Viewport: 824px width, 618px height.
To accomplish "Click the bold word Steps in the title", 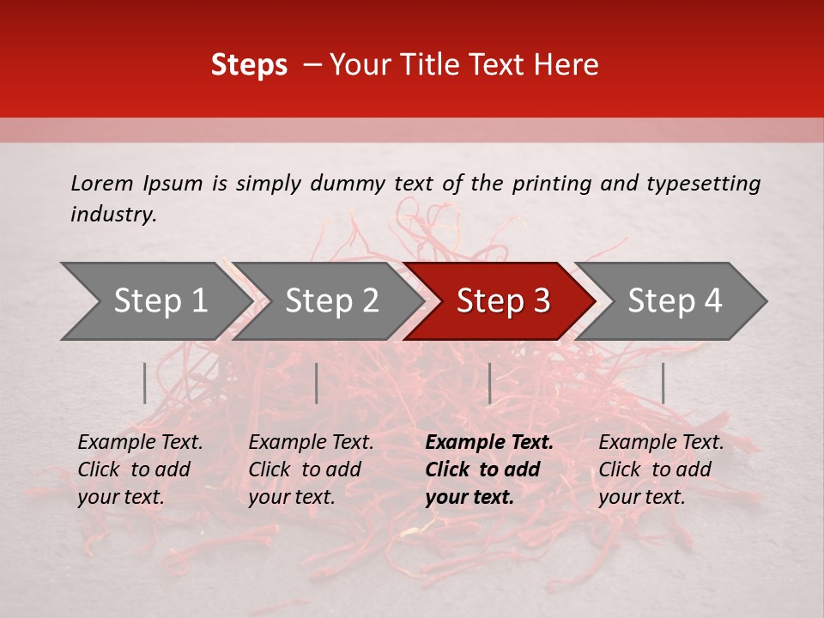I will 249,65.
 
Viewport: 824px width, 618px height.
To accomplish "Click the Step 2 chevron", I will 331,301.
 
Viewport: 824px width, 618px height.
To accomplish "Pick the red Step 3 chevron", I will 503,301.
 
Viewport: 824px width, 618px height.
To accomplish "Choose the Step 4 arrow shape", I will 675,301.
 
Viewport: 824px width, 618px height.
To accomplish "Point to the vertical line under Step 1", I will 145,383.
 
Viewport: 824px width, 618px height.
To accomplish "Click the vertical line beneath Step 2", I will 317,383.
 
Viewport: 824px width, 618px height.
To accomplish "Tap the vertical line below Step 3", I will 489,383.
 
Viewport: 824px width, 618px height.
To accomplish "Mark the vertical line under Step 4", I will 663,383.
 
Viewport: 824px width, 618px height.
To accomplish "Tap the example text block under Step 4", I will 661,470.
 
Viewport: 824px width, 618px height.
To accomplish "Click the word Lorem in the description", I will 102,183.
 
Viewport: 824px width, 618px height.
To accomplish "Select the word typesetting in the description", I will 704,183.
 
